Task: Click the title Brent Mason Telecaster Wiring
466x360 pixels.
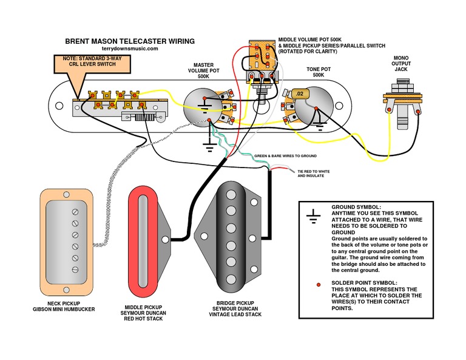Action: point(130,41)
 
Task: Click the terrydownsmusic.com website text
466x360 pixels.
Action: point(130,49)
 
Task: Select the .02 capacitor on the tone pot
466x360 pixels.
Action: point(301,94)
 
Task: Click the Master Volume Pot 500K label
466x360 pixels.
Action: point(208,69)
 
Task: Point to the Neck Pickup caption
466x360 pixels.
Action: point(72,305)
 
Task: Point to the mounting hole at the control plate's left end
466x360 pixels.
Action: point(59,106)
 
